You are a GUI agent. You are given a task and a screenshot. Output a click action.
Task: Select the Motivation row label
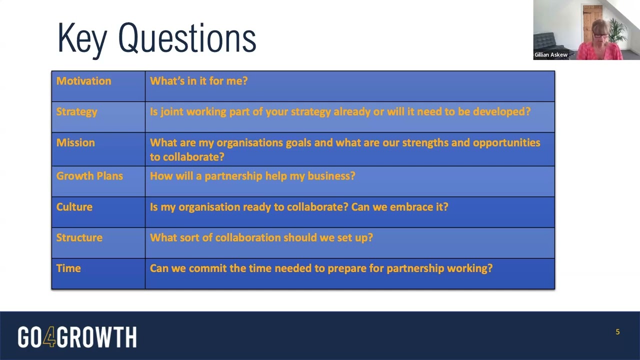[83, 81]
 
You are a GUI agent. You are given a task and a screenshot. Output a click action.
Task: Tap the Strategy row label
[76, 112]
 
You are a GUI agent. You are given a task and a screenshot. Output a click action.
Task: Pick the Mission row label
[75, 143]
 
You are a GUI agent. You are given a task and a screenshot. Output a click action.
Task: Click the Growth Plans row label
[89, 176]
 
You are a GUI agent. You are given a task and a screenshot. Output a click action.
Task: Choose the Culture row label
[74, 207]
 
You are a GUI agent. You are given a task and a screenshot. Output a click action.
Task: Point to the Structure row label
[79, 237]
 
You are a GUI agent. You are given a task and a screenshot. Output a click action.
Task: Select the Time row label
[68, 268]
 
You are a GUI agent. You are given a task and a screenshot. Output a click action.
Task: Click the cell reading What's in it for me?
[198, 81]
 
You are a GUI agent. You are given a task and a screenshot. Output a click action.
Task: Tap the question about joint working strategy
[340, 112]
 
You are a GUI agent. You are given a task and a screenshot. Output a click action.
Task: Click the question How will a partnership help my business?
[252, 176]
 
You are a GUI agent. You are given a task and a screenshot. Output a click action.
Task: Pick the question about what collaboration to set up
[261, 237]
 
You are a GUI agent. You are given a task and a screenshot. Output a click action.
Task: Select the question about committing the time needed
[321, 268]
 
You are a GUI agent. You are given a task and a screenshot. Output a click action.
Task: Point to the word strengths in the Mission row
[425, 143]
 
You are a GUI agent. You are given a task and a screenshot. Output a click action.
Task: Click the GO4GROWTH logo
[77, 337]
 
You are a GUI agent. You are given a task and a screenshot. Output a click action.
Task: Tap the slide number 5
[617, 332]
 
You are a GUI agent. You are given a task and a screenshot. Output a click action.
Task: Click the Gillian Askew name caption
[551, 55]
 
